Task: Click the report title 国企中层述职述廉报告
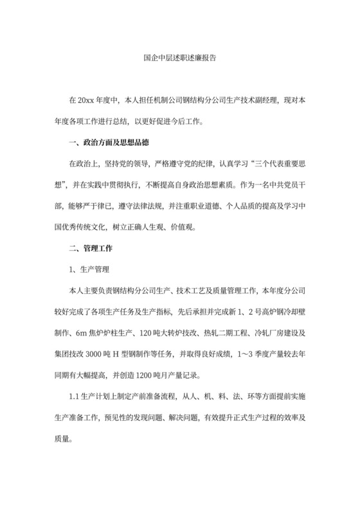tap(179, 57)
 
